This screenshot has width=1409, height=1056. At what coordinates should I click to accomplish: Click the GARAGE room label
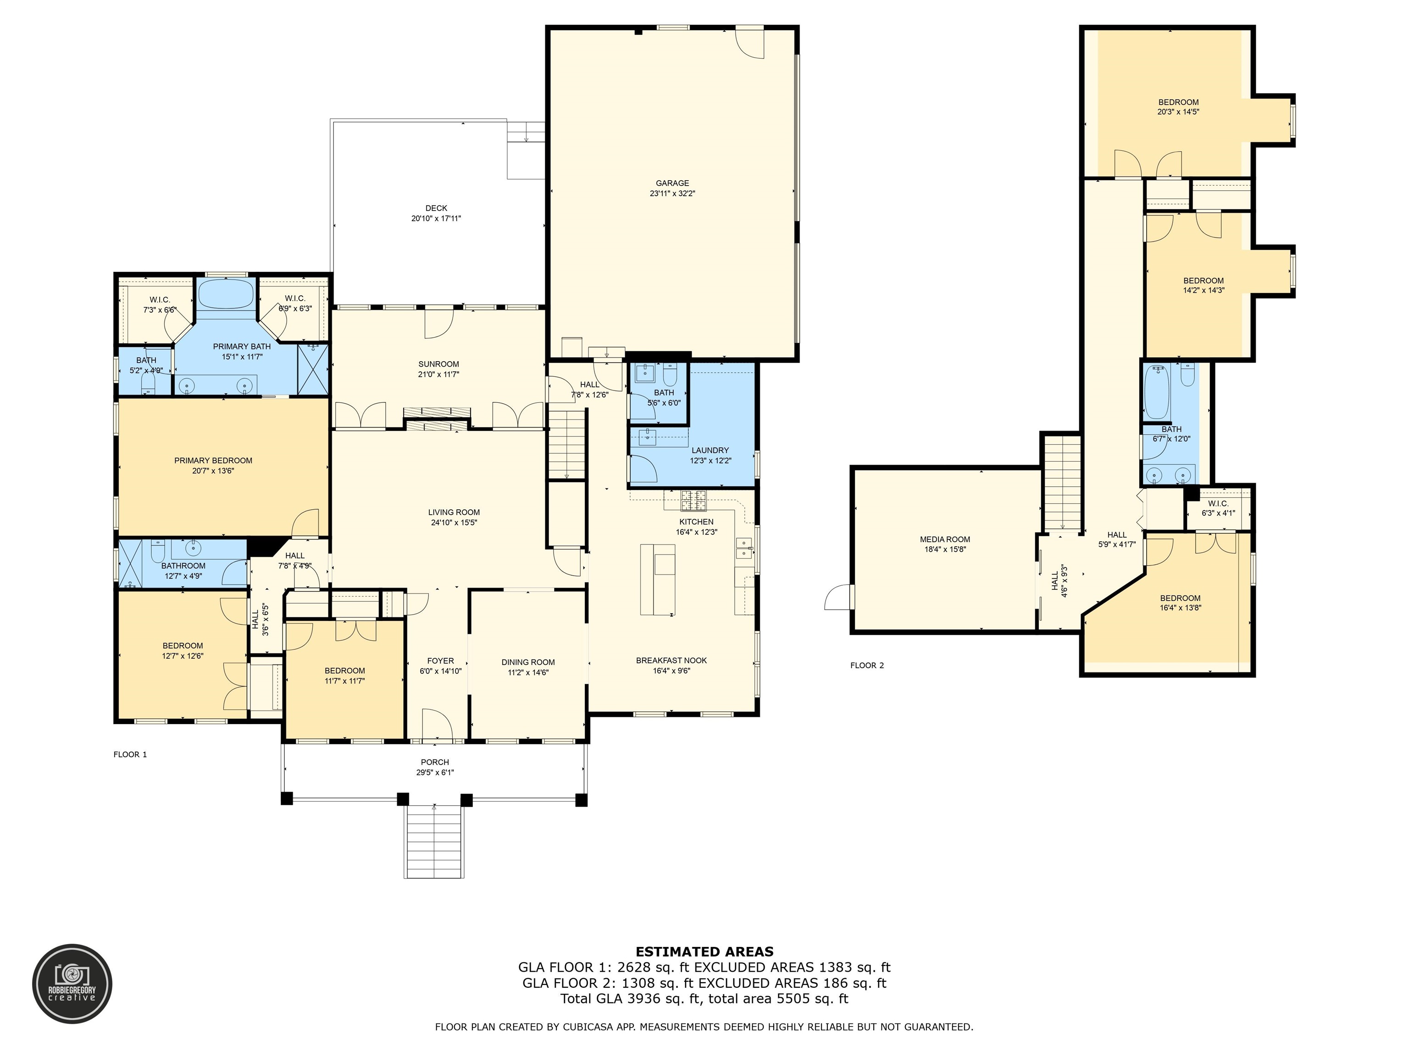coord(673,183)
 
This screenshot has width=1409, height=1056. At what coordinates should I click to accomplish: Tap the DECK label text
coord(436,208)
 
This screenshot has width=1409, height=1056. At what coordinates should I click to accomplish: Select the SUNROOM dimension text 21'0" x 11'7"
coord(439,374)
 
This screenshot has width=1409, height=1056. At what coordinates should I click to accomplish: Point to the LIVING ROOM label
coord(454,512)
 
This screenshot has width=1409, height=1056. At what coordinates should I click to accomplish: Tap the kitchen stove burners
coord(694,501)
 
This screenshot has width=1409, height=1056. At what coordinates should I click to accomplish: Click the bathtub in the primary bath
coord(226,294)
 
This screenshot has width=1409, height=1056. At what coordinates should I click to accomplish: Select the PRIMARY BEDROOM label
coord(213,461)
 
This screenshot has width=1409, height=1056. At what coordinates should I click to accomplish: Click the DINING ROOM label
coord(528,662)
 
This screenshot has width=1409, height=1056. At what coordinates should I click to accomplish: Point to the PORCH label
coord(435,762)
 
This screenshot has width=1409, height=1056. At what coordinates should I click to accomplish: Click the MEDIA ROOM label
coord(945,539)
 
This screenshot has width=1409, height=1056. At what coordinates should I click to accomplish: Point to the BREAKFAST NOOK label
coord(671,661)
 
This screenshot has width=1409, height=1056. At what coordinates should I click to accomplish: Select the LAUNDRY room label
coord(710,450)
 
